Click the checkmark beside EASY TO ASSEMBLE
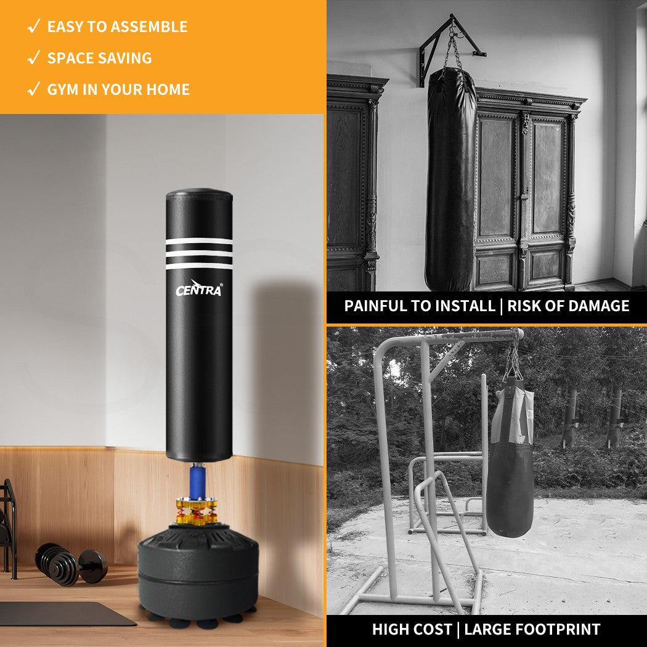(35, 26)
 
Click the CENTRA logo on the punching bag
(198, 288)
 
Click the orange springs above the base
(197, 512)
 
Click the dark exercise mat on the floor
(62, 613)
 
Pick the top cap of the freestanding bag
(198, 196)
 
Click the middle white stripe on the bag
(199, 253)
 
